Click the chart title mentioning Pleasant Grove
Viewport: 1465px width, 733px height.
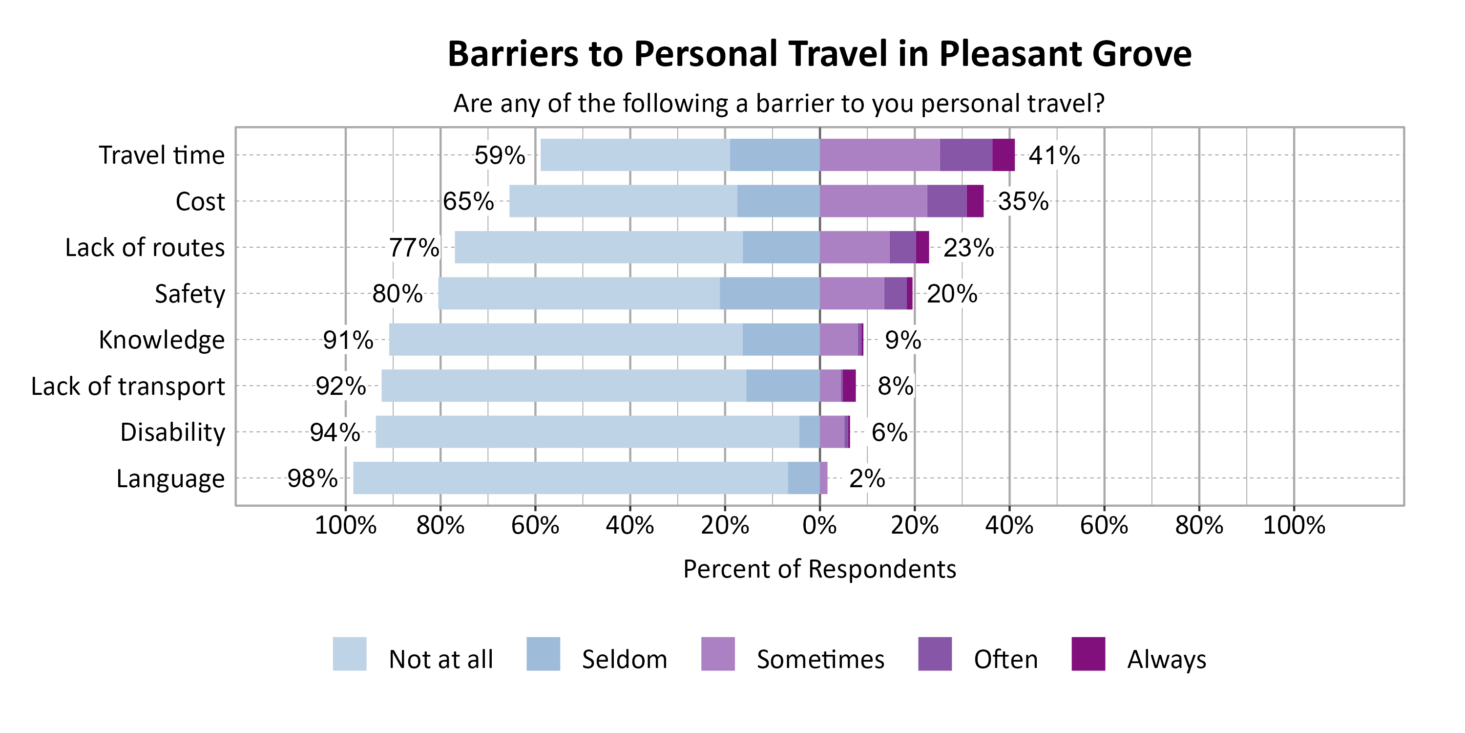(x=819, y=54)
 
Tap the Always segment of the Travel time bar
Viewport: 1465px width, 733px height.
(x=1003, y=155)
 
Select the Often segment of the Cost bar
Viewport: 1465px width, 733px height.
(x=946, y=201)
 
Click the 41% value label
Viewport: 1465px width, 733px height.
(x=1054, y=155)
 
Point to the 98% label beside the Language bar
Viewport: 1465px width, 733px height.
(x=312, y=478)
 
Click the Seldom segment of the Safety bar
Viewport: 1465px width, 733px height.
(x=769, y=294)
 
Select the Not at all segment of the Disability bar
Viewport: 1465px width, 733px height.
(x=587, y=432)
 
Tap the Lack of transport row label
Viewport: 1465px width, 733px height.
(x=128, y=387)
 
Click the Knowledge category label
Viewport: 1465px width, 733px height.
(x=162, y=340)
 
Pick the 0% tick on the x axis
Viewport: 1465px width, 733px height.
(x=819, y=525)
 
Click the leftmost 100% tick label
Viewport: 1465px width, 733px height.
(x=345, y=525)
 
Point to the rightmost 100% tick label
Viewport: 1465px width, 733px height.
(x=1294, y=525)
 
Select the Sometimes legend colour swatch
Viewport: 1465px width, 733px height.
(x=718, y=654)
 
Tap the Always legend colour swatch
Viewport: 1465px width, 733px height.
(x=1088, y=654)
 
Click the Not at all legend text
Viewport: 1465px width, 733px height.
(x=441, y=660)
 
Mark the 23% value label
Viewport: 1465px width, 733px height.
(x=968, y=248)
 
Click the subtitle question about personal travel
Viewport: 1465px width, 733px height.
(x=778, y=104)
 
